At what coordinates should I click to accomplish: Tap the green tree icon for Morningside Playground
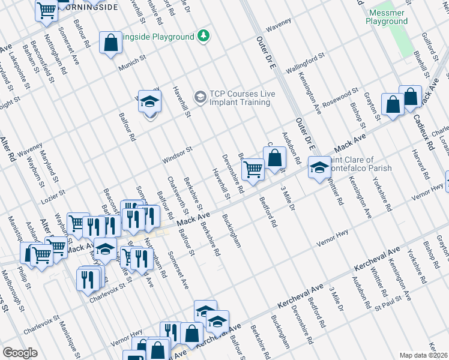[205, 36]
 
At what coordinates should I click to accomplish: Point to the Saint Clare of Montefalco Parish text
[358, 164]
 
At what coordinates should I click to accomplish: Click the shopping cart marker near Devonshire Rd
[253, 170]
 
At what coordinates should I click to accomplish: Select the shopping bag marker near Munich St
[110, 43]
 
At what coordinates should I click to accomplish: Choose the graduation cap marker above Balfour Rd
[149, 101]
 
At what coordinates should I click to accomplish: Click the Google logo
[20, 353]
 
